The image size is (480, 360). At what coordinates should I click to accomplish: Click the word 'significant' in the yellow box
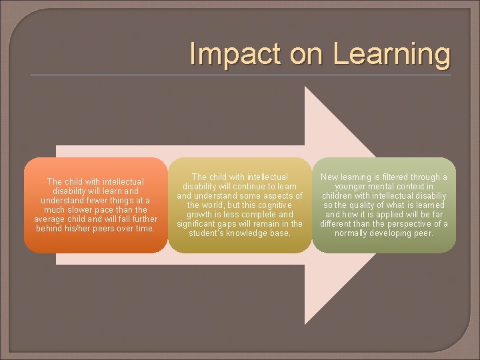198,224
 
